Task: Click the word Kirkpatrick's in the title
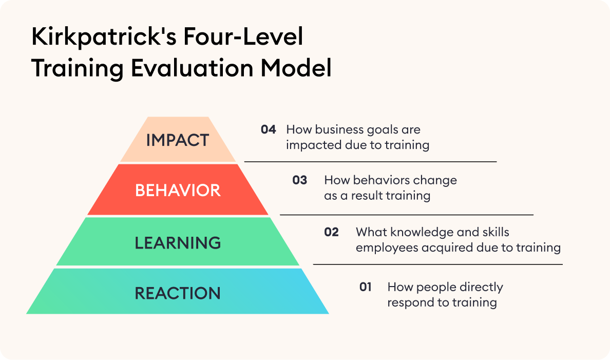point(104,37)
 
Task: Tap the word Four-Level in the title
point(243,36)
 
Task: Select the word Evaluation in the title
point(192,68)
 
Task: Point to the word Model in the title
point(296,68)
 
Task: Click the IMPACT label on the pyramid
point(178,140)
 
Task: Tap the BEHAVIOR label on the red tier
point(178,191)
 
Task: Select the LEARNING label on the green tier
point(178,243)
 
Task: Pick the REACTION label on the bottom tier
point(178,293)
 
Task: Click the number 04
point(269,129)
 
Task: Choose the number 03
point(300,180)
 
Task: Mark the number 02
point(332,232)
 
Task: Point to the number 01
point(365,287)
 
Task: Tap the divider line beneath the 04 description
point(370,162)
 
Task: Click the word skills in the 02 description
point(496,232)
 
